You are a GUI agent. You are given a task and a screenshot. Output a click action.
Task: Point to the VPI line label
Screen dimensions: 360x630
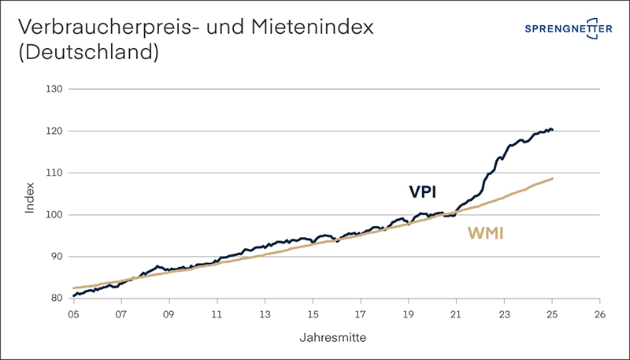click(423, 192)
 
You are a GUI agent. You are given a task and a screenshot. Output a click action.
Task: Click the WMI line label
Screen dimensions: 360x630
click(485, 233)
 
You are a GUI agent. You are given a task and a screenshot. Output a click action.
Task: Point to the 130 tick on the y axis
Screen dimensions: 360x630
click(54, 89)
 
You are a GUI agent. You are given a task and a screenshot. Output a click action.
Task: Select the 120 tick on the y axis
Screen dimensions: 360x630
click(54, 131)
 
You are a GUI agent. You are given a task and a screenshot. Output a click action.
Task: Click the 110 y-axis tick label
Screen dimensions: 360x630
click(54, 173)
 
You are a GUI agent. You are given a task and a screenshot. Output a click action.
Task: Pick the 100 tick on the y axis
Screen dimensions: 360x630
click(54, 214)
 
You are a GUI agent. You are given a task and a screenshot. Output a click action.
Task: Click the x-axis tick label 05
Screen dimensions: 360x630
click(72, 313)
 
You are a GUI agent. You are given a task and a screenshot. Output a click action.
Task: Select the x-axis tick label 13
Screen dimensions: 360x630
click(265, 313)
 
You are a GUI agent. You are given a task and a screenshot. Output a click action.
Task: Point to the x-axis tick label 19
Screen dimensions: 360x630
click(409, 313)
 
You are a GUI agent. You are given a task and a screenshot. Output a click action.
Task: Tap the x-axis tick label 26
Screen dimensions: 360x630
click(600, 313)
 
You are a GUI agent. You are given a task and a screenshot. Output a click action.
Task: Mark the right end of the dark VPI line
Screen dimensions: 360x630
click(553, 130)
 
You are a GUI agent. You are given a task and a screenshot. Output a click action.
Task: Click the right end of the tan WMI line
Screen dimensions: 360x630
click(553, 179)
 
